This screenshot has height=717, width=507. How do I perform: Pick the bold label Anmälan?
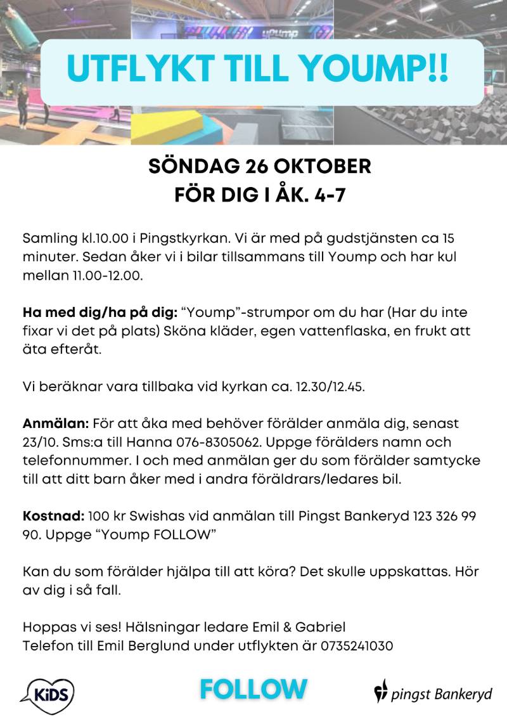pos(56,423)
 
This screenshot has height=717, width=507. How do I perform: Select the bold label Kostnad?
pos(54,516)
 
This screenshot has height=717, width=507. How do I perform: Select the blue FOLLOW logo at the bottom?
pos(253,689)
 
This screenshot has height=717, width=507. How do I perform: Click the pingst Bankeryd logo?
pos(433,692)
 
